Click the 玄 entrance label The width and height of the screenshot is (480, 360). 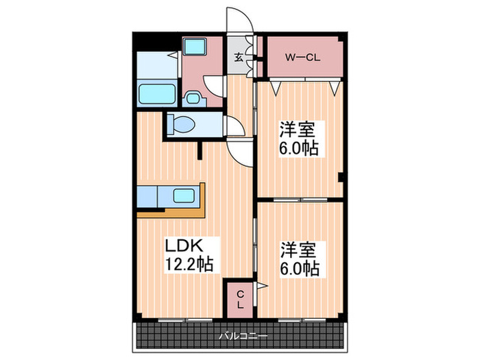238,58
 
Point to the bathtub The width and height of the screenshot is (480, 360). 158,93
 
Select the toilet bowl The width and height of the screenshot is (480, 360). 184,125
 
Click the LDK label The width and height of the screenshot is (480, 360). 182,245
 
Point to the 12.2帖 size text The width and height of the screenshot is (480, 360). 187,263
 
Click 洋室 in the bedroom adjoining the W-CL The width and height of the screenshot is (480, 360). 298,128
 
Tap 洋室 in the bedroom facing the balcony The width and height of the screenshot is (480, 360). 298,248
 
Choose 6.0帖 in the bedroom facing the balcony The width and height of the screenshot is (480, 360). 298,268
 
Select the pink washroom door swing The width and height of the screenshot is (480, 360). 216,88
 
